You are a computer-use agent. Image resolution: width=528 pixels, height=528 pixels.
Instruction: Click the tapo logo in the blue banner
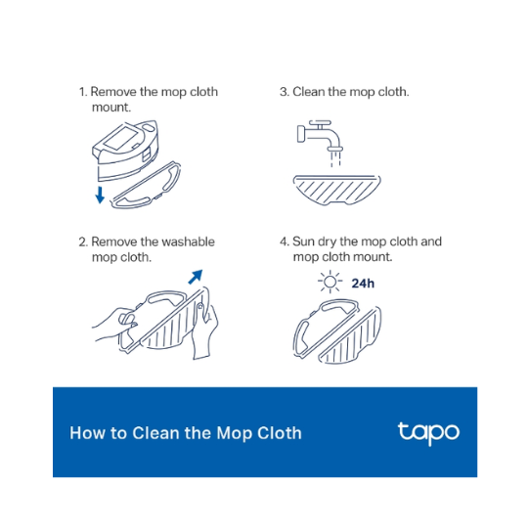[x=428, y=433]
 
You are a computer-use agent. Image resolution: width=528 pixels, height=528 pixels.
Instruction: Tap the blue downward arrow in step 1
[x=100, y=195]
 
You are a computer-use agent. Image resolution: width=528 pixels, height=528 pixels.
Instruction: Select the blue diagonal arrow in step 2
[x=196, y=277]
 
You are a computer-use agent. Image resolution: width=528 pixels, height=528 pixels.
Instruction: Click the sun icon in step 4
[x=330, y=282]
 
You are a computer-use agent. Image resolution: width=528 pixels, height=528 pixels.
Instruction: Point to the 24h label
[x=363, y=284]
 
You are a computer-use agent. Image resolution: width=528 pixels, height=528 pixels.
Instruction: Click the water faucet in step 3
[x=320, y=135]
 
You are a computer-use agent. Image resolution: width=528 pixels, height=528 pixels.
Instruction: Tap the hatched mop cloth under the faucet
[x=336, y=190]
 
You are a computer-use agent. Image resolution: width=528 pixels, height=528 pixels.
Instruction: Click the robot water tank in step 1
[x=125, y=150]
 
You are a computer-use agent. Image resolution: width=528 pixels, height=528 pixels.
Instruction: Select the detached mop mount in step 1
[x=146, y=186]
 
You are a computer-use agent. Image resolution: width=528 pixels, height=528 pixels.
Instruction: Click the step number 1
[x=82, y=92]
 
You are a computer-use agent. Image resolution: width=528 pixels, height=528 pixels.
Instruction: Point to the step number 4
[x=285, y=242]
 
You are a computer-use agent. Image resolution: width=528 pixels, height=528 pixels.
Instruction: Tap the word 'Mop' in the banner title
[x=235, y=434]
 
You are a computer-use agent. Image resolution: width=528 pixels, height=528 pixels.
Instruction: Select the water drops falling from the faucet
[x=335, y=159]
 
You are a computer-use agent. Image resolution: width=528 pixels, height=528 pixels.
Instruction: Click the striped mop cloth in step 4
[x=350, y=335]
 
